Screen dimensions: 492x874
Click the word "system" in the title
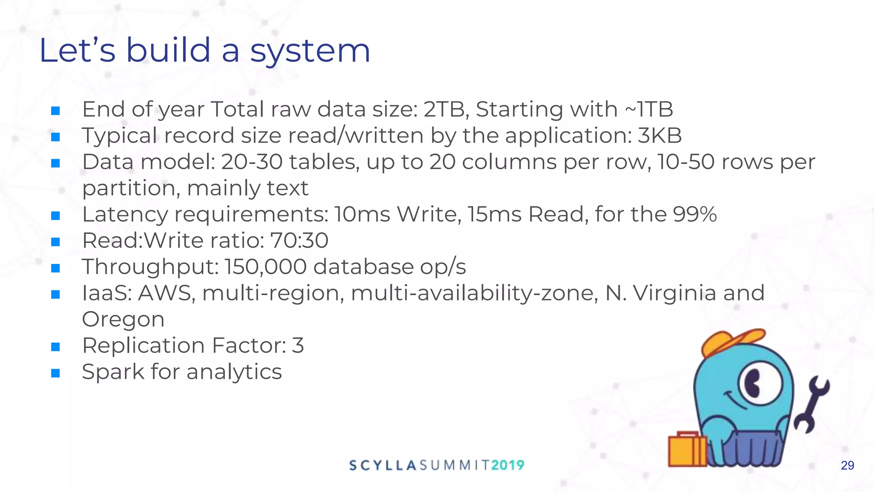coord(310,51)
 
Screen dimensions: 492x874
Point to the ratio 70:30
coord(299,240)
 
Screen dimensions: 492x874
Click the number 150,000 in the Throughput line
coord(265,267)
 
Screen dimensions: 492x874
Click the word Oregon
coord(123,319)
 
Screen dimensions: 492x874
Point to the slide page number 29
coord(847,466)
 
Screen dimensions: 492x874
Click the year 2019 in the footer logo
coord(507,465)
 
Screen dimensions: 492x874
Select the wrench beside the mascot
coord(812,404)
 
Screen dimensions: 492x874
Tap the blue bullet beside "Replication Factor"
coord(55,346)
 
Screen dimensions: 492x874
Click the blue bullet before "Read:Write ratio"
coord(55,242)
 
